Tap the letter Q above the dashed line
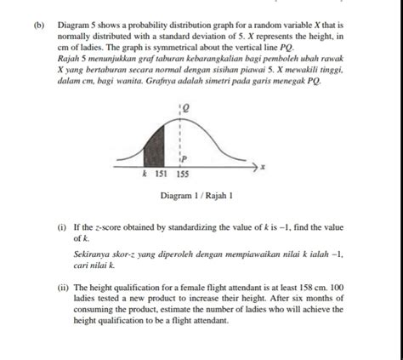(184, 108)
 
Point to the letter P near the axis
(184, 159)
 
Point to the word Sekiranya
(93, 254)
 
